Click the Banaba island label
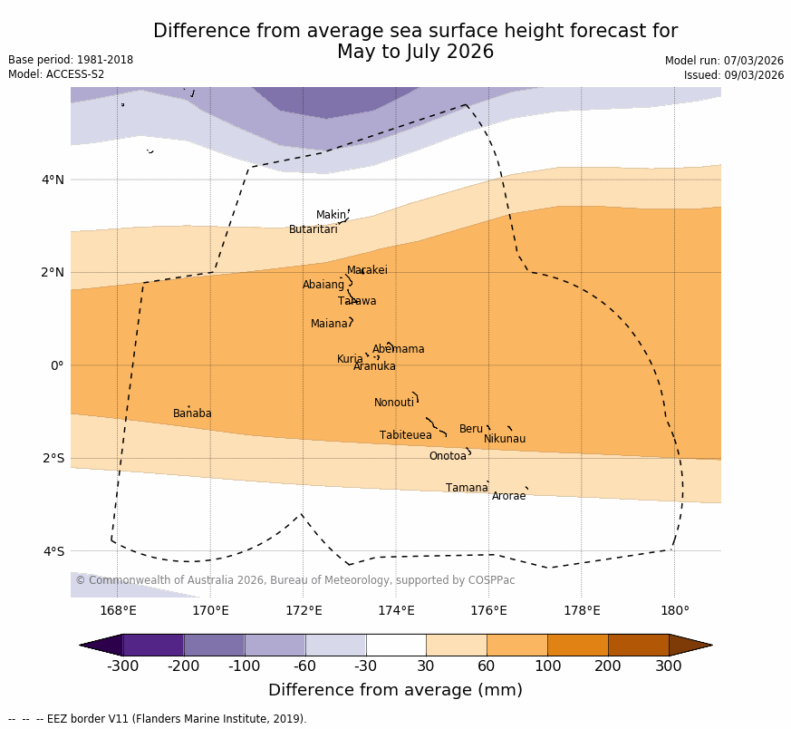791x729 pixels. pos(192,414)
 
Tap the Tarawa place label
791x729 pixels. pos(357,302)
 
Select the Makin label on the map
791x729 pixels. pos(331,216)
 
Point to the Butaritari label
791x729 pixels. pos(313,230)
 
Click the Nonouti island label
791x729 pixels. pos(394,403)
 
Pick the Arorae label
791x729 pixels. pos(508,497)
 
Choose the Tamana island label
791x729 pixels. pos(467,489)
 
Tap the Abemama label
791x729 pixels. pos(398,350)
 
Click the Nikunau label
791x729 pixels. pos(504,440)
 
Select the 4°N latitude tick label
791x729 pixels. pos(53,180)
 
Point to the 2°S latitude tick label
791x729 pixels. pos(53,459)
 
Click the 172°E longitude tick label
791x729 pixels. pos(304,611)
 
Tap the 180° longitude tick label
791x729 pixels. pos(674,611)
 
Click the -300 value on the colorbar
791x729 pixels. pos(122,666)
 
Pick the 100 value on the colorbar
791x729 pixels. pos(547,666)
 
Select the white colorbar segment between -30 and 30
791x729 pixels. pos(396,645)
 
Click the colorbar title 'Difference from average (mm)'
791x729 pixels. pos(395,691)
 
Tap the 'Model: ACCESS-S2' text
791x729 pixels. pos(56,75)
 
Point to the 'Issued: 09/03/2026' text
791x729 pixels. pos(734,76)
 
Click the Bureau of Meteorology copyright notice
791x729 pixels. pos(294,581)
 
